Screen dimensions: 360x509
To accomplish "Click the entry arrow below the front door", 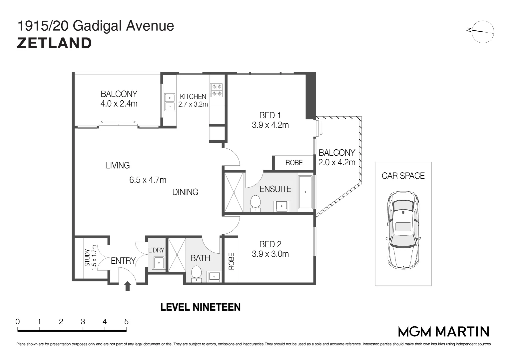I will (128, 286).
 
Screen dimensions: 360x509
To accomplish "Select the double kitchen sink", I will (170, 102).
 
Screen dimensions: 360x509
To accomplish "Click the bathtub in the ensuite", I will (305, 192).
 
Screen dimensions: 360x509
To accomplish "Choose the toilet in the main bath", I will (197, 273).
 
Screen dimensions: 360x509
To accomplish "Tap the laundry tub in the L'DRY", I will (159, 263).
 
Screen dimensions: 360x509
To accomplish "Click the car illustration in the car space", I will (403, 230).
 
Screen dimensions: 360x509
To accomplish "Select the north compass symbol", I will (482, 32).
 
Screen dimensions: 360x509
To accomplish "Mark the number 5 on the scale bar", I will (126, 322).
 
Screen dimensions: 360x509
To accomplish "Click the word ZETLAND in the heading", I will (54, 43).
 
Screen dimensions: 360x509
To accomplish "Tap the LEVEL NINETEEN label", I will (201, 307).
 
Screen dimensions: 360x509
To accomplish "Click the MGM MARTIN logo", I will (444, 332).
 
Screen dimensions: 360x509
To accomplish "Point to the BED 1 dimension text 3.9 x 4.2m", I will (270, 125).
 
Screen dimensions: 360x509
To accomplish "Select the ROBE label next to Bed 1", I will (294, 163).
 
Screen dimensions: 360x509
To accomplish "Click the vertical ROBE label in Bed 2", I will (231, 261).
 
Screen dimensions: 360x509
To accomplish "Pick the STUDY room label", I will (87, 257).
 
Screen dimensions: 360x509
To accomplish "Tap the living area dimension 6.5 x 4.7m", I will (148, 180).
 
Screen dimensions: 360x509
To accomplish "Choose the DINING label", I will (185, 192).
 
